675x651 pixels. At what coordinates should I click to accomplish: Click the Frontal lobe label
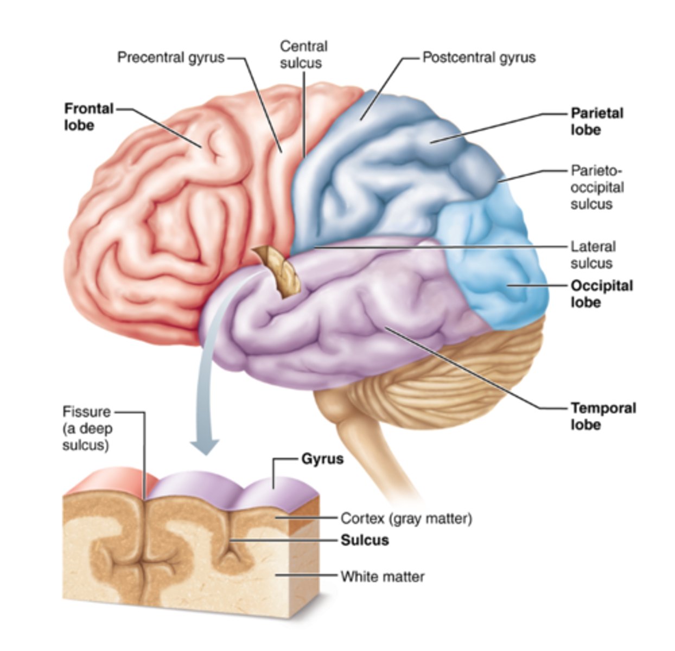click(88, 117)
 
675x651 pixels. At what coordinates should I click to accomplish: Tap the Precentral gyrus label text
click(171, 57)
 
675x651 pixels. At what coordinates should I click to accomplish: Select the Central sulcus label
click(303, 54)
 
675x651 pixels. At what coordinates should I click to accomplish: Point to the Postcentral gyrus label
click(479, 57)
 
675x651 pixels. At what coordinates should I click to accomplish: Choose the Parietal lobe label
click(597, 121)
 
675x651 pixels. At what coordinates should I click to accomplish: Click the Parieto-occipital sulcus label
click(597, 187)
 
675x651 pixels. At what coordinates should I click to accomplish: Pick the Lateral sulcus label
click(593, 254)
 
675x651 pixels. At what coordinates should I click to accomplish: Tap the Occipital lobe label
click(601, 293)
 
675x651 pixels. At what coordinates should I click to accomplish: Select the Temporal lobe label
click(603, 416)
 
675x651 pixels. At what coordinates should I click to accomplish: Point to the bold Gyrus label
click(322, 459)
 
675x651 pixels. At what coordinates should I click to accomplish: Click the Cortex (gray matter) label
click(406, 519)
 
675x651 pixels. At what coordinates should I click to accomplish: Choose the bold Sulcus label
click(365, 540)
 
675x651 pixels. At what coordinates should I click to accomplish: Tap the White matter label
click(382, 576)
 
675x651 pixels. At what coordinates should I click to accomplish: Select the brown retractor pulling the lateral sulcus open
click(279, 270)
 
